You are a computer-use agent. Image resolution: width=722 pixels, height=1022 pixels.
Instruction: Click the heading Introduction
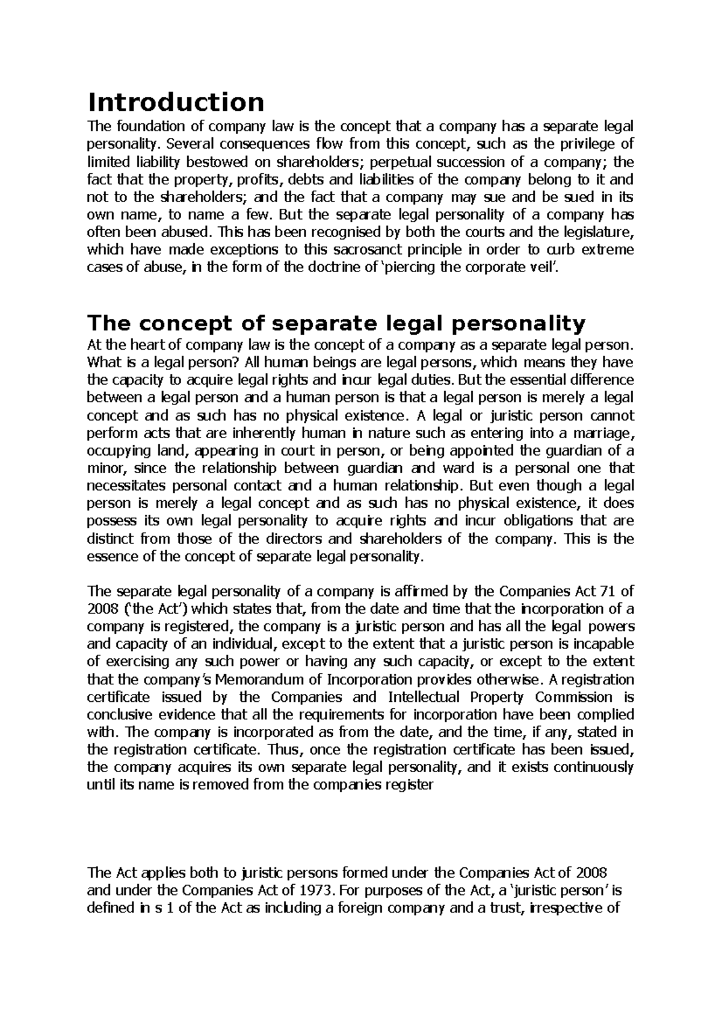[176, 102]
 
